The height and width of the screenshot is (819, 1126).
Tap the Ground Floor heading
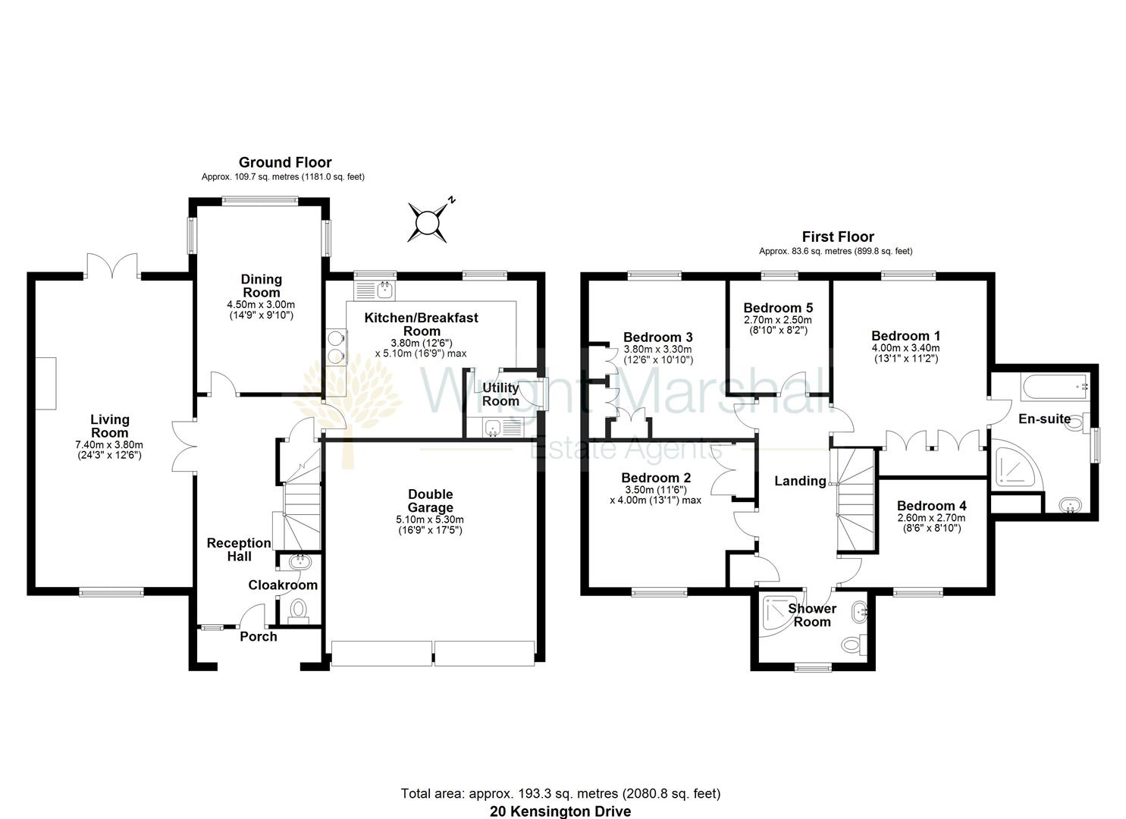[x=285, y=162]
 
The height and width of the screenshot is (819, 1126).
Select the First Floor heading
[x=838, y=237]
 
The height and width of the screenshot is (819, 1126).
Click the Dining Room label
[x=261, y=286]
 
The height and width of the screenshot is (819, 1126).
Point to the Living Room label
[x=110, y=425]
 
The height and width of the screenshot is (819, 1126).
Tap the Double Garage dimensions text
[x=430, y=525]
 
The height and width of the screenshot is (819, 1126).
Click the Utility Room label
[x=500, y=394]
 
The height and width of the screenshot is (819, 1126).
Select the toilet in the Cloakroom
[x=299, y=609]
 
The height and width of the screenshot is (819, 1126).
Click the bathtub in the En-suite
[x=1055, y=388]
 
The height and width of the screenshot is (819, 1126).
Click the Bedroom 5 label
[x=778, y=308]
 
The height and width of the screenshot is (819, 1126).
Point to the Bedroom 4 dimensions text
[x=931, y=522]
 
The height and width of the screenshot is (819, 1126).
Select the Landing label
[x=800, y=481]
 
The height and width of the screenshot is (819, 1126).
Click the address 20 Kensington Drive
[x=560, y=811]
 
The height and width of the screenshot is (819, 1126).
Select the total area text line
[x=560, y=794]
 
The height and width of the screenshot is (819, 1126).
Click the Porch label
[x=259, y=636]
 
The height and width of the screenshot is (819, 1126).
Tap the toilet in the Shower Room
[x=852, y=645]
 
